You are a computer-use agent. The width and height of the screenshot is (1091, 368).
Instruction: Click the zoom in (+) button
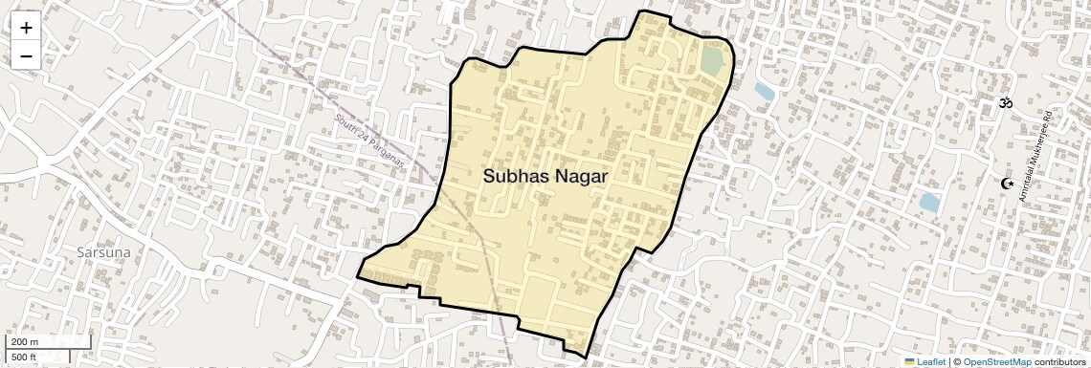(x=26, y=28)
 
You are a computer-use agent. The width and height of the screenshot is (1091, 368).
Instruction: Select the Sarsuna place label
(x=103, y=251)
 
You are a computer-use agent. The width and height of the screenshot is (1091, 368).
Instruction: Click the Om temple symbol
(x=1006, y=101)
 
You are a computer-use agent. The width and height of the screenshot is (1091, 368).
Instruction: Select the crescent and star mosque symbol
(x=1007, y=183)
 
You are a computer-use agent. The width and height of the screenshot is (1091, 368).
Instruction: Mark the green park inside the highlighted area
(x=712, y=59)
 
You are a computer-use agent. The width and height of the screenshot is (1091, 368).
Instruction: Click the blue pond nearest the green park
(x=764, y=92)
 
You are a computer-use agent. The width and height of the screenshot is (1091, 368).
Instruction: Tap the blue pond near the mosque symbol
(x=928, y=203)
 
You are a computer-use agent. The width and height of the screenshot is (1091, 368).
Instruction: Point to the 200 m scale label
(x=25, y=342)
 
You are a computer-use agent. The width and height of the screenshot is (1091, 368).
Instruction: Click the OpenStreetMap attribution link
(x=996, y=361)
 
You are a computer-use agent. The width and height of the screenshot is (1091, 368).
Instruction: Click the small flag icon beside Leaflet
(x=910, y=361)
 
